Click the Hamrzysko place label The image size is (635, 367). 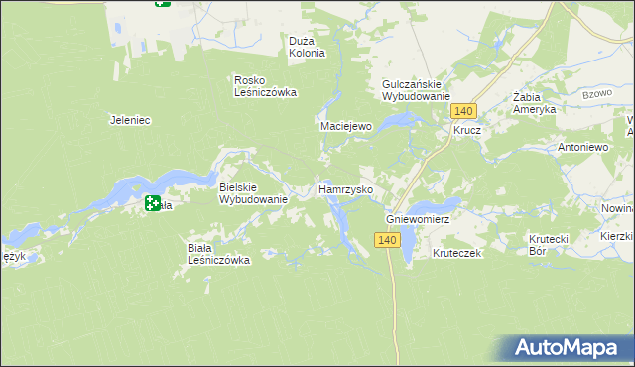[x=345, y=188]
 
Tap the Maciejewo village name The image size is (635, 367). [x=345, y=127]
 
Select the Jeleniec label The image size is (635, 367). [x=129, y=120]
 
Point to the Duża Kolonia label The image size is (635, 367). [x=307, y=47]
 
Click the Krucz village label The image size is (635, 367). [x=467, y=130]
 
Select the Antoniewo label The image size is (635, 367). [x=582, y=147]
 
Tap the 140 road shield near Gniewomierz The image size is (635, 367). [x=387, y=240]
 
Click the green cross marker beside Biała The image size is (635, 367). [x=153, y=203]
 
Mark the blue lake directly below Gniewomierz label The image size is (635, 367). [x=408, y=246]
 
